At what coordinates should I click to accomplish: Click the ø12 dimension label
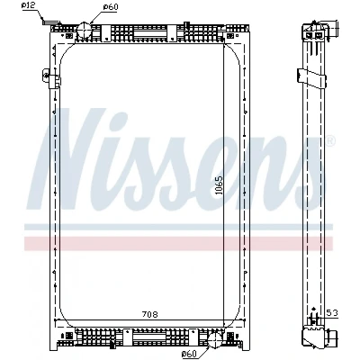tap(29, 5)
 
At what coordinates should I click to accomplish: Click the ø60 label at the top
tap(111, 6)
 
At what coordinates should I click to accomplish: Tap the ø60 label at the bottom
tap(190, 354)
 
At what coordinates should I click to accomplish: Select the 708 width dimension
tap(150, 314)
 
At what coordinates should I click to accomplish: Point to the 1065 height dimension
tap(220, 185)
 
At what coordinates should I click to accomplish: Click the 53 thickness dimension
tap(332, 313)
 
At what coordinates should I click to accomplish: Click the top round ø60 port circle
tap(84, 29)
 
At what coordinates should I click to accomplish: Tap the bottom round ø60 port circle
tap(215, 338)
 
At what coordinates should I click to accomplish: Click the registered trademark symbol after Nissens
tap(329, 139)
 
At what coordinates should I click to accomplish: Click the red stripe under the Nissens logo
tap(178, 243)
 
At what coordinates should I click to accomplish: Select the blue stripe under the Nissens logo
tap(178, 227)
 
